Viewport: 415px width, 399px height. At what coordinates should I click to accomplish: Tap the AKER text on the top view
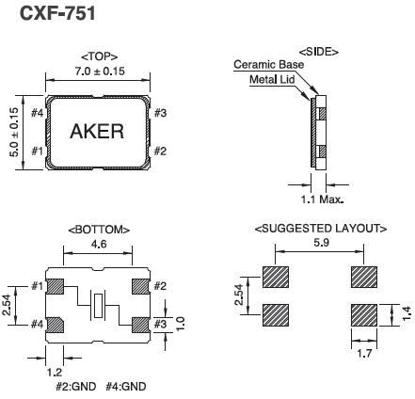coord(97,132)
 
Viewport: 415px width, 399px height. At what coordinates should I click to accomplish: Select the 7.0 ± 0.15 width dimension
coord(99,71)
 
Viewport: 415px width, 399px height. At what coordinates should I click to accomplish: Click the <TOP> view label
coord(100,56)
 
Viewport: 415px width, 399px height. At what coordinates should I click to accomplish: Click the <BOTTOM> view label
coord(99,230)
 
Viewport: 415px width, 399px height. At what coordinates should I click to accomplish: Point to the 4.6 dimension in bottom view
coord(99,243)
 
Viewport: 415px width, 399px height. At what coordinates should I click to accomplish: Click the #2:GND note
coord(74,386)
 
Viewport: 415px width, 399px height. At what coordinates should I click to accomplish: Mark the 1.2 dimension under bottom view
coord(55,372)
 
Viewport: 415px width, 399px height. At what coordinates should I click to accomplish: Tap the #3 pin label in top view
coord(160,114)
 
